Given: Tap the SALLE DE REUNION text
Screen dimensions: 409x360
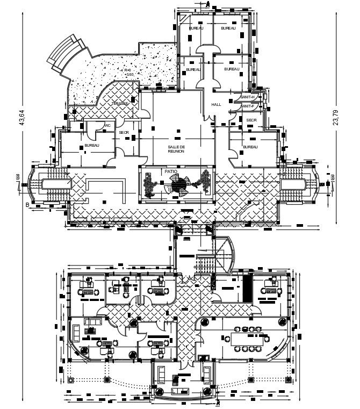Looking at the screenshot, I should (176, 148).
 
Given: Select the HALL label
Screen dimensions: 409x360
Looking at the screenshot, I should (216, 105).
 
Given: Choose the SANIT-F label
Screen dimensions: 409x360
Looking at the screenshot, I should (249, 106).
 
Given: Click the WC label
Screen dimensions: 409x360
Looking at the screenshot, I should (107, 125).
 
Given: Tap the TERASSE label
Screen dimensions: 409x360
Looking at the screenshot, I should (120, 103).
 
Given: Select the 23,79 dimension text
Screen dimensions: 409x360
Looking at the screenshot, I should (336, 117).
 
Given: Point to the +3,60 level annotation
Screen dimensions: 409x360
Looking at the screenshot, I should (129, 75).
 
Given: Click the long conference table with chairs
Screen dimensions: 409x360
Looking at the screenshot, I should (248, 340).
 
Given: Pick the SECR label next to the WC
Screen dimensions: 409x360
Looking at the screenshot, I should (123, 132).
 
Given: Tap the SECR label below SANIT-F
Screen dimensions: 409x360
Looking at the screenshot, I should (251, 120).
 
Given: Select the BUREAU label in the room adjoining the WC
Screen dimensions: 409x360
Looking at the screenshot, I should (91, 146).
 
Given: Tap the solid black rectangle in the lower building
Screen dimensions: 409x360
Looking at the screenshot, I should (248, 289).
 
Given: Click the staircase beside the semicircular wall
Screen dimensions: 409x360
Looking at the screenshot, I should (205, 263).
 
